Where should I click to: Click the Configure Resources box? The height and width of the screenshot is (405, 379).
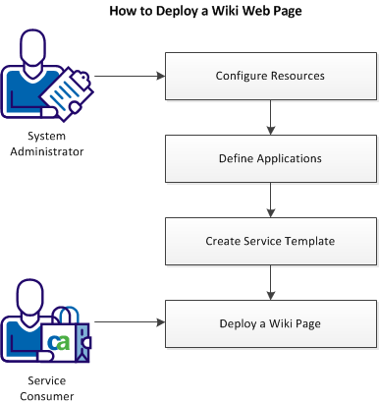coord(270,76)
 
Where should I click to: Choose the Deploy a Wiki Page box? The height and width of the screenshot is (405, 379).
coord(270,321)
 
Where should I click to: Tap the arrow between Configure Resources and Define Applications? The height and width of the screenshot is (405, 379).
coord(270,117)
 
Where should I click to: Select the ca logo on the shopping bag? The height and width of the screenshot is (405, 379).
coord(60,342)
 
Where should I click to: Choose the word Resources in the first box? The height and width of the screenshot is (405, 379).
coord(297,76)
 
